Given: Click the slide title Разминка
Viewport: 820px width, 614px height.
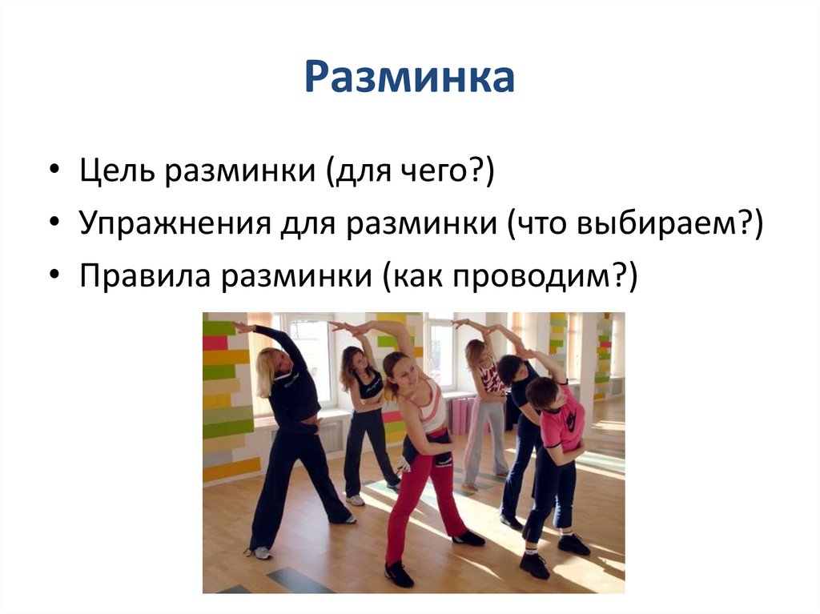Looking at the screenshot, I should [409, 78].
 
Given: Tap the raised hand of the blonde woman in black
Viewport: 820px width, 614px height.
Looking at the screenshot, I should [239, 326].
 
